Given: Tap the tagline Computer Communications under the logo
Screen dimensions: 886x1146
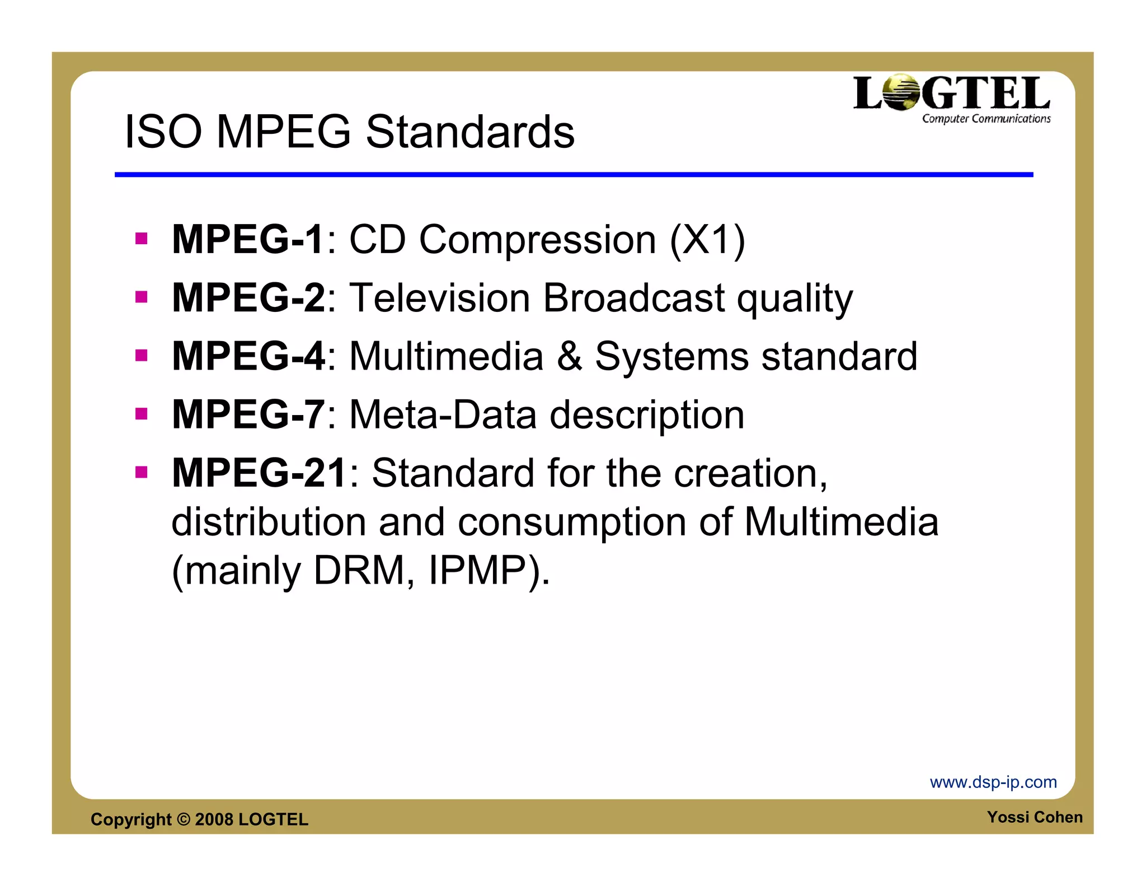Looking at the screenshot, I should pos(986,119).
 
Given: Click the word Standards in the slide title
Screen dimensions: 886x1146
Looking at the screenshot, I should pos(470,132).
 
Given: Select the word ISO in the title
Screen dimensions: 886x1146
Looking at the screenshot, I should pos(163,132).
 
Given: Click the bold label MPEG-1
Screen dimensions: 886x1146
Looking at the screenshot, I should pos(247,240).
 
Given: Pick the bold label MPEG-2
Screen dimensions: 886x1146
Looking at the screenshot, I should pos(248,298).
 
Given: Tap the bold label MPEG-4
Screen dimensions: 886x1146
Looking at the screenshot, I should pos(248,356).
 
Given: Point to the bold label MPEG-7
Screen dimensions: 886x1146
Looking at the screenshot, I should pos(248,415).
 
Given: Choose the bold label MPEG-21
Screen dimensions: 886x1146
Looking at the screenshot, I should pos(259,473).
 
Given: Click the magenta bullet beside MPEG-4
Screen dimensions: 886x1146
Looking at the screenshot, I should pos(141,355).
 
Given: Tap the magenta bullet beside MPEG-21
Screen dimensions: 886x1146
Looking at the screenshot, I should pos(141,472).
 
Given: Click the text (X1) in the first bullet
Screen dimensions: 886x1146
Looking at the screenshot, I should pos(707,240).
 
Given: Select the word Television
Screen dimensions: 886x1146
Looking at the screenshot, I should pos(439,298).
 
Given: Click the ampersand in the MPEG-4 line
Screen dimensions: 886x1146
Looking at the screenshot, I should pos(569,356).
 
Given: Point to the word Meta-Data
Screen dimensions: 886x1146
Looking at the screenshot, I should pos(443,415).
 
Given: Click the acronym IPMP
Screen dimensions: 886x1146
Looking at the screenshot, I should pos(477,571).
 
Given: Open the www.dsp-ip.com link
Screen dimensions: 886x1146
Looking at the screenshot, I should pos(993,782).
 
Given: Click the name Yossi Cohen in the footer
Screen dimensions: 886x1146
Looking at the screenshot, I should pos(1035,817).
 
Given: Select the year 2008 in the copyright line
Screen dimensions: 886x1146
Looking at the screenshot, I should pos(214,819).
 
